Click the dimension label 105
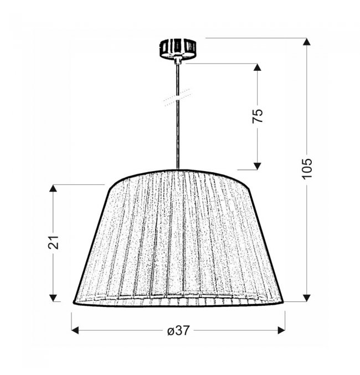pos(307,168)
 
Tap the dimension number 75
pos(258,116)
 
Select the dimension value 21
pos(53,242)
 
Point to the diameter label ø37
pos(178,331)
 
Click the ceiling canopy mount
pos(178,49)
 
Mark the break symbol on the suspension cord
pos(177,97)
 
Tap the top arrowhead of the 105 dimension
pos(306,42)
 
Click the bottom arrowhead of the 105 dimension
pos(306,298)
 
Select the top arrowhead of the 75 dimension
pos(257,67)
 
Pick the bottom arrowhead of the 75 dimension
pos(257,166)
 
